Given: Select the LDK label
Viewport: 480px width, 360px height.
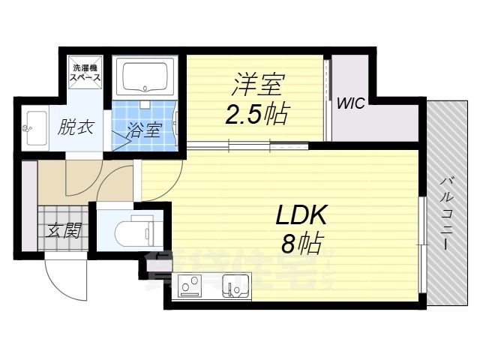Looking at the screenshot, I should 300,216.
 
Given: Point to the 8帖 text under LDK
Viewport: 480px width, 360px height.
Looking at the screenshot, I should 300,243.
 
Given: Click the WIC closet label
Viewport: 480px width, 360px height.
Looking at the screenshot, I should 350,103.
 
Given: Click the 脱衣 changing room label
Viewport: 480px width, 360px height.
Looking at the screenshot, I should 76,127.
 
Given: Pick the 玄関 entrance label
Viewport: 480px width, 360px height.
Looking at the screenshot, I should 64,230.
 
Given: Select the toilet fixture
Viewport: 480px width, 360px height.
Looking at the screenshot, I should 135,230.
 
